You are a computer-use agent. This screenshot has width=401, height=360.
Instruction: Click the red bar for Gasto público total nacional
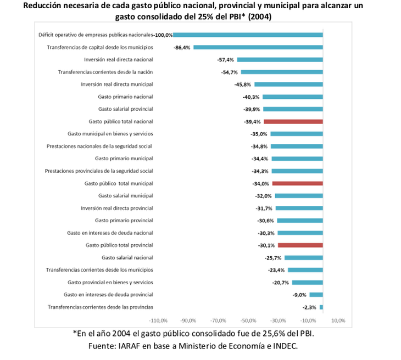point(293,121)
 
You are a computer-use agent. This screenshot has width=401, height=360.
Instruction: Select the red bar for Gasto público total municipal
point(297,183)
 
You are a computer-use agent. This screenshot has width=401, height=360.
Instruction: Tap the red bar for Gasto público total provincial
point(300,245)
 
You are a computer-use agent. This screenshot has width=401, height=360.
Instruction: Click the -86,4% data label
point(182,48)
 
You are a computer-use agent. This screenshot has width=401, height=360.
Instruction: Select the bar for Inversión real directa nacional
point(280,59)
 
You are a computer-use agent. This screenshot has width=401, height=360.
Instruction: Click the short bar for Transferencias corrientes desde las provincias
point(321,307)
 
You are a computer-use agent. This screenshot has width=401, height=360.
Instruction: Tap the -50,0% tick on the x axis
point(248,320)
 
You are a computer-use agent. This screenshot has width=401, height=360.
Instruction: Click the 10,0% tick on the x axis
point(338,320)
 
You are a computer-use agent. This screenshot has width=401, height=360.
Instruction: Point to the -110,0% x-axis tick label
point(158,320)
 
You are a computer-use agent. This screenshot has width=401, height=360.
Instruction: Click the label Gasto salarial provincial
point(125,109)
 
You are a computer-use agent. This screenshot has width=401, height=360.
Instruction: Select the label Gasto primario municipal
point(124,158)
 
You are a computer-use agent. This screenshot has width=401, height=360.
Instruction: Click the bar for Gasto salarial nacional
point(304,257)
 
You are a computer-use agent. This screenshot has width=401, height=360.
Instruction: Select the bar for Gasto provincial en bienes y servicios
point(308,282)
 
